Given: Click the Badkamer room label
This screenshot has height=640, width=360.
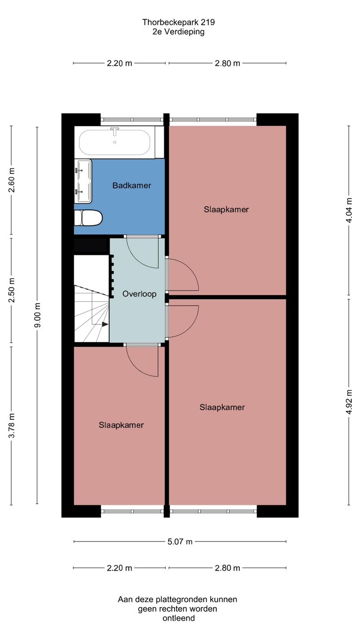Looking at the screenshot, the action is [132, 185].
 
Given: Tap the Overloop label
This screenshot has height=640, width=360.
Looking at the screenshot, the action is [140, 294].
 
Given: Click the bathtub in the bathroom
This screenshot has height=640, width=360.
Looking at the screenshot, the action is [115, 142].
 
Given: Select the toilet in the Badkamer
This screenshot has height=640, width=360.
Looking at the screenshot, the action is [88, 218].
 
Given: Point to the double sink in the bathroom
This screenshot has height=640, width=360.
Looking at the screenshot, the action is [83, 181].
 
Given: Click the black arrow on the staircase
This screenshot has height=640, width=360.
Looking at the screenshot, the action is [105, 324].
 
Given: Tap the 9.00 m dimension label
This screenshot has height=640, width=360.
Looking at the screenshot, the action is [37, 315].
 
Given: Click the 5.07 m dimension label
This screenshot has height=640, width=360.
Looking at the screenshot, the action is [180, 541].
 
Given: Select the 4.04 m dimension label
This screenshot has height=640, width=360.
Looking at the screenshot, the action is [349, 210].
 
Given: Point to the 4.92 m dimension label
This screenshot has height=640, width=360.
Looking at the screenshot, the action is [349, 402].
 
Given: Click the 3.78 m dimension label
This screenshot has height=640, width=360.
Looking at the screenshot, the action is [12, 425].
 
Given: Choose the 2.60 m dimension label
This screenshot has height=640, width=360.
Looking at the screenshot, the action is [12, 180].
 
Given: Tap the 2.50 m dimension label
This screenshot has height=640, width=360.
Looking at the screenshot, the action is [12, 290].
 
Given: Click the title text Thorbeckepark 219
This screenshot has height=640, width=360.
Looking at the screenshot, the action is [179, 22].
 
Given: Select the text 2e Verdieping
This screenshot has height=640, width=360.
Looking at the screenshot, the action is [179, 32].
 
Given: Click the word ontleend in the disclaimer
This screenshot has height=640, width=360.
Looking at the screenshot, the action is [179, 618].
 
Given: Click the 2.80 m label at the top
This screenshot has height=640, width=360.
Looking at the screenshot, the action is [228, 63].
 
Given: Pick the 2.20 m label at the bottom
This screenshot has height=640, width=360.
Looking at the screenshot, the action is [120, 568].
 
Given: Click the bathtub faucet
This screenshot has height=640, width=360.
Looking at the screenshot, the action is [115, 132].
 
